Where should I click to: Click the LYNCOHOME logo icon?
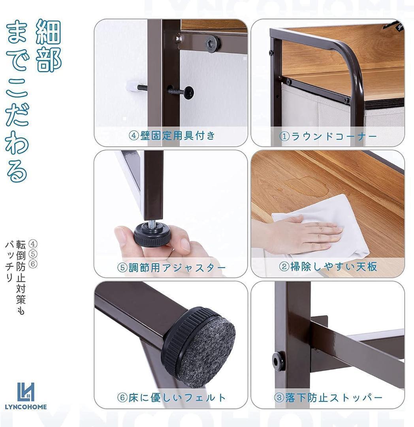point(26,392)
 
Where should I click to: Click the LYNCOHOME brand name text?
point(26,407)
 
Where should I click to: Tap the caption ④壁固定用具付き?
point(172,136)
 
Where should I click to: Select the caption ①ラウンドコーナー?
point(328,136)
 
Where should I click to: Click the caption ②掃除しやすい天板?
point(328,266)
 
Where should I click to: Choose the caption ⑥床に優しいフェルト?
point(171,398)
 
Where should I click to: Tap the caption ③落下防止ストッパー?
point(328,398)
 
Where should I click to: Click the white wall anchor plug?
point(132,87)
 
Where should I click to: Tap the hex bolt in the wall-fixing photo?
point(213,43)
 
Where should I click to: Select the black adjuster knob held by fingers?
point(152,234)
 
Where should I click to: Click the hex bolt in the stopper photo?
point(278,361)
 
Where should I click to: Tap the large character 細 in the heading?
point(49,32)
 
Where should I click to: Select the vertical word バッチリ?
point(9,261)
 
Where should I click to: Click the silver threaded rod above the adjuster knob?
point(152,222)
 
